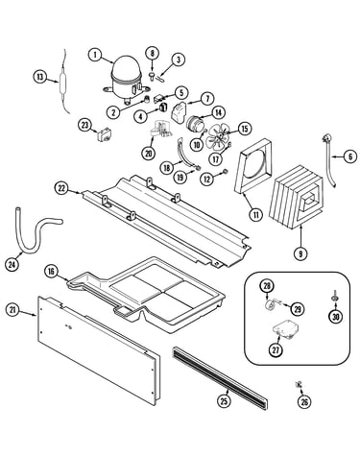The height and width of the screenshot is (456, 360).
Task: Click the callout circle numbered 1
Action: tap(95, 55)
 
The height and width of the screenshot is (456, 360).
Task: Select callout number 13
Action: tap(39, 77)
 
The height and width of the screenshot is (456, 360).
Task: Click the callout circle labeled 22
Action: tap(61, 188)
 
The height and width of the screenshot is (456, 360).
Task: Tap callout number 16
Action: tap(51, 272)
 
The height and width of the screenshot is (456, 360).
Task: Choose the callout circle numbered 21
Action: tap(12, 310)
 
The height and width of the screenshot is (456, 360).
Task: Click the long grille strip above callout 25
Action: tap(220, 378)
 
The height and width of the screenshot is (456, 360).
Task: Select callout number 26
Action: tap(304, 401)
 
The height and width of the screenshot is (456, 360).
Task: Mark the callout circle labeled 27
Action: tap(276, 349)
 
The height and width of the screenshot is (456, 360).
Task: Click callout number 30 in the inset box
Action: tap(336, 317)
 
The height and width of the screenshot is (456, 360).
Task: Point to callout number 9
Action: tap(300, 253)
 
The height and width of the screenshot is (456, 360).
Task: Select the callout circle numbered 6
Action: tap(350, 156)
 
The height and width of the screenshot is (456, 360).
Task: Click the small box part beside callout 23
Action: tap(104, 135)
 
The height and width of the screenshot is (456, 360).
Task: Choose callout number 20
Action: tap(149, 154)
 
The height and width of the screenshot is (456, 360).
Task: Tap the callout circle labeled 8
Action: tap(153, 54)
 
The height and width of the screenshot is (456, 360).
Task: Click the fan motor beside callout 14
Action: tap(194, 124)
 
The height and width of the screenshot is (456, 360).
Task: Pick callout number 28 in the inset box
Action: tap(267, 286)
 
